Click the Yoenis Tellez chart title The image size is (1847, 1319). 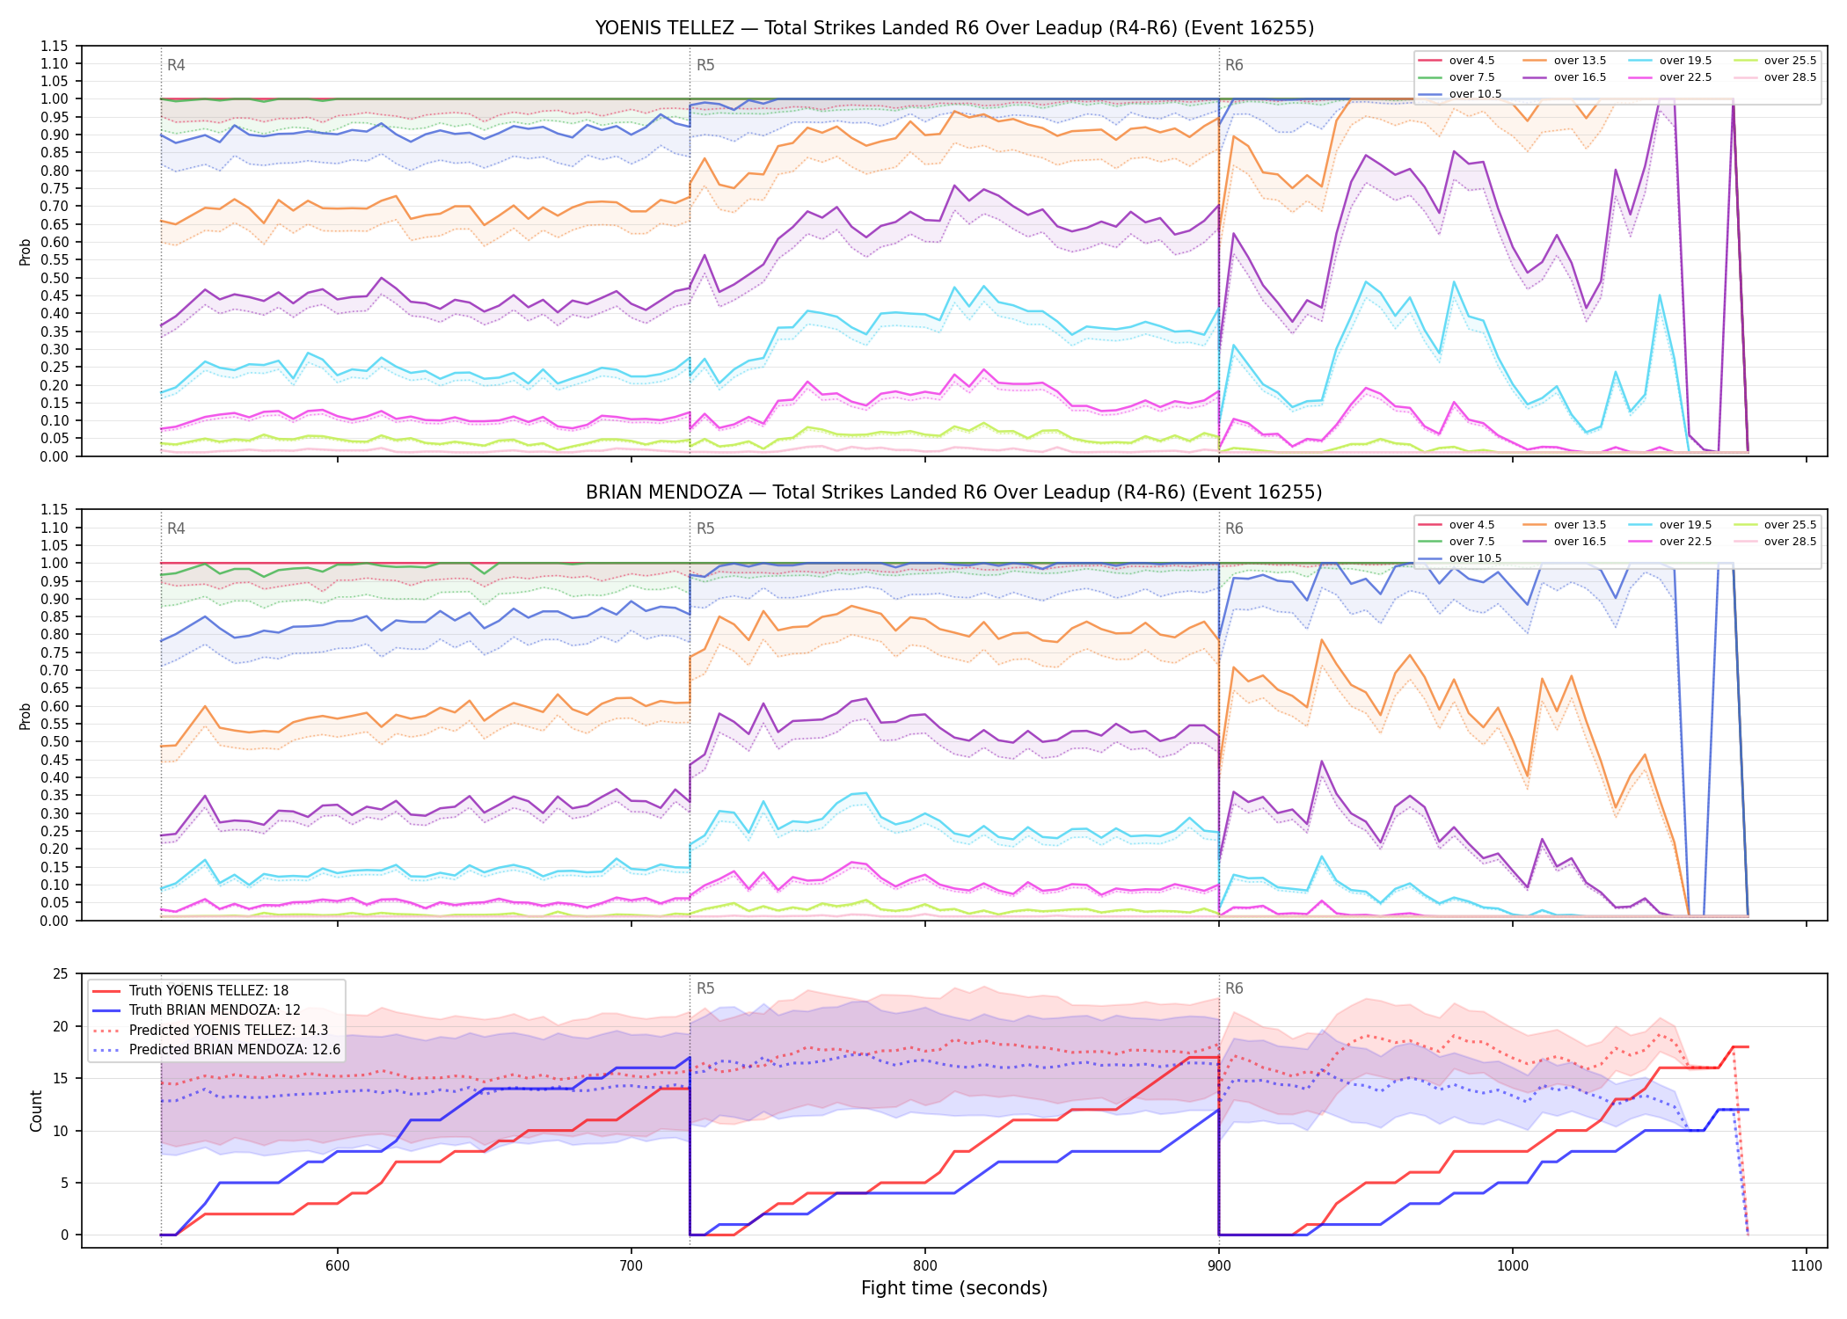coord(954,28)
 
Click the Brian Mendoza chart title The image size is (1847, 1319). coord(954,492)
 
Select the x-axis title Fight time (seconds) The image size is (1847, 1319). coord(954,1288)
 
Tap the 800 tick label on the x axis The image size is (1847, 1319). coord(925,1265)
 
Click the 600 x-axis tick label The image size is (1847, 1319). coord(338,1265)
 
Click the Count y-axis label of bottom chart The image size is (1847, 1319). coord(36,1111)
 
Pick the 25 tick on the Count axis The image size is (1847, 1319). coord(61,973)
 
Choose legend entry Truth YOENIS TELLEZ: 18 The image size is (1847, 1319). coord(208,991)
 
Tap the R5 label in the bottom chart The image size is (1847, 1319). coord(705,988)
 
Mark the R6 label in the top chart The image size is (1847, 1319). coord(1234,65)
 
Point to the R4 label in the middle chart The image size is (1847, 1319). coord(176,528)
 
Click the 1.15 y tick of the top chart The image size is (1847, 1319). coord(55,46)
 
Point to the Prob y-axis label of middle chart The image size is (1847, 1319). coord(26,716)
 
